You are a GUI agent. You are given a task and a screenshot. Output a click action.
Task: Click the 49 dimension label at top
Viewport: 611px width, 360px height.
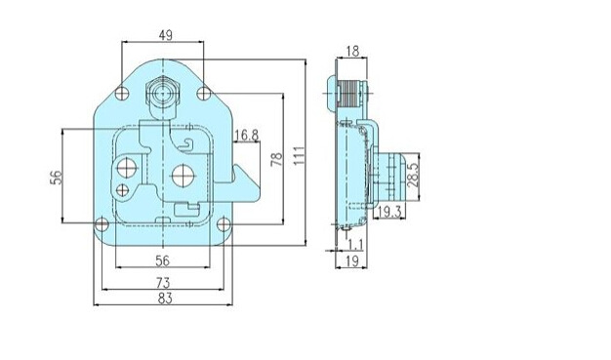click(x=166, y=35)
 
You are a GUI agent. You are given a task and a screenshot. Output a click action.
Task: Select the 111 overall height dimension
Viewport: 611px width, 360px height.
click(x=299, y=155)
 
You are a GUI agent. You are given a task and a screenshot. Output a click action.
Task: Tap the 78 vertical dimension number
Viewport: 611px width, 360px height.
click(x=276, y=159)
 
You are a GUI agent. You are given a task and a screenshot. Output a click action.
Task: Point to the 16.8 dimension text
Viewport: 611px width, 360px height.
click(x=246, y=136)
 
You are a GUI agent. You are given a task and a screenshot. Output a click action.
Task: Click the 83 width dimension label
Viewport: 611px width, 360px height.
click(x=165, y=299)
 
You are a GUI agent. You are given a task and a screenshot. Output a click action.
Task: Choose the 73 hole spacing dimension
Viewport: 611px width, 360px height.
click(x=163, y=283)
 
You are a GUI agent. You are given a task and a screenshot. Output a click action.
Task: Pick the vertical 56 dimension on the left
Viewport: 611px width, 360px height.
click(x=57, y=178)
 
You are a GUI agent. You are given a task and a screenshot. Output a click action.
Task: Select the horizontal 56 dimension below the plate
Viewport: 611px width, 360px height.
click(x=162, y=260)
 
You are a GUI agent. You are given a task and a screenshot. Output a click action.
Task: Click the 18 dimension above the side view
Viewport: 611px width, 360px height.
click(x=352, y=51)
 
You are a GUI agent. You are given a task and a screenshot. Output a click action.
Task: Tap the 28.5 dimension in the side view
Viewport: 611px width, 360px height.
click(x=413, y=175)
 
